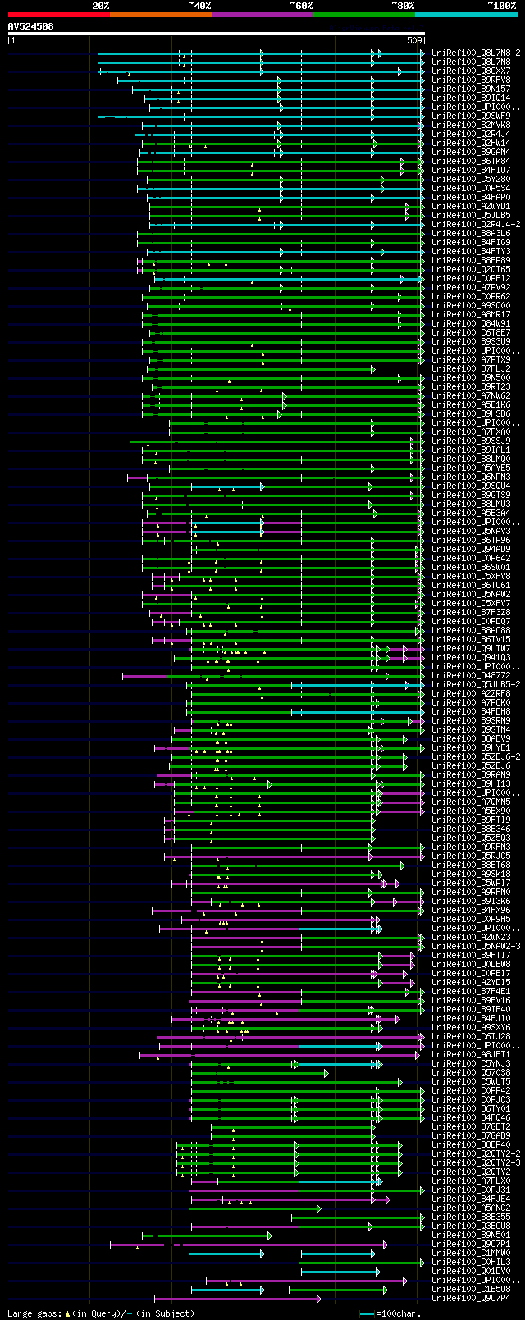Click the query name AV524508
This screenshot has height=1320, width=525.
coord(31,26)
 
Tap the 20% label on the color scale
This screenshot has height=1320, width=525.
coord(101,6)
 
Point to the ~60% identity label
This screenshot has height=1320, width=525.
coord(301,6)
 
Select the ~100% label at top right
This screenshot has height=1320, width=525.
coord(501,6)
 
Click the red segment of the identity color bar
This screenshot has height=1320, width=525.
coord(58,14)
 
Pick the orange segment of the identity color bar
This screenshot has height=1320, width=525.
coord(160,14)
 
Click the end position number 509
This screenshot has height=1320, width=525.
coord(414,40)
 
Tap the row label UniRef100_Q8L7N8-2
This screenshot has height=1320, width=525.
coord(476,53)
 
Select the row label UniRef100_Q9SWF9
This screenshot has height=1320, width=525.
coord(471,116)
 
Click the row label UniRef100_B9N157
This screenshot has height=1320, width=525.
coord(471,89)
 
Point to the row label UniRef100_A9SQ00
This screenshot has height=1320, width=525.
coord(471,305)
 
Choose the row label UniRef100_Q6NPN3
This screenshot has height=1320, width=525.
coord(471,477)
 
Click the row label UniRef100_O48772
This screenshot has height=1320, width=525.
coord(471,675)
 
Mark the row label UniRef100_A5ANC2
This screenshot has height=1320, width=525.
coord(471,1208)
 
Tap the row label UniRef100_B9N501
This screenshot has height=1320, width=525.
coord(471,1235)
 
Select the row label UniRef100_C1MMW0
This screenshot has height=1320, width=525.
coord(471,1253)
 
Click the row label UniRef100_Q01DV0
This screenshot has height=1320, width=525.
coord(471,1271)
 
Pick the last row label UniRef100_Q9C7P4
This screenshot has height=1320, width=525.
coord(471,1298)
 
